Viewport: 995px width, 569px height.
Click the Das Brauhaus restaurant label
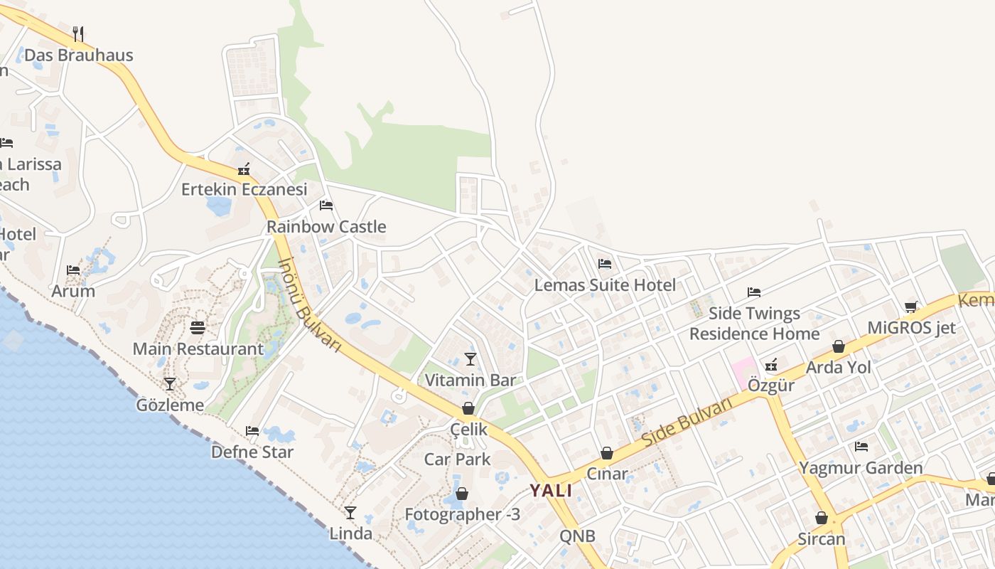coord(78,55)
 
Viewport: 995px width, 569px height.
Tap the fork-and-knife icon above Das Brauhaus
coord(78,33)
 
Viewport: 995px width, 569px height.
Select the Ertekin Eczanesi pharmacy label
coord(244,189)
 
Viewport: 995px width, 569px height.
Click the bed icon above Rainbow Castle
coord(326,206)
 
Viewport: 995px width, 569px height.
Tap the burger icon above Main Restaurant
coord(198,328)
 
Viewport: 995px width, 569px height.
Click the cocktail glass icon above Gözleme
coord(170,384)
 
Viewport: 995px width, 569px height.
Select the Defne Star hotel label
coord(252,452)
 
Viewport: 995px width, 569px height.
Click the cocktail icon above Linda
coord(350,512)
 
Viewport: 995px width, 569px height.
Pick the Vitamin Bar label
coord(470,380)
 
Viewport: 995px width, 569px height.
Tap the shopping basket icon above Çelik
coord(468,408)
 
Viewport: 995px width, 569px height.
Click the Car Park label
coord(457,459)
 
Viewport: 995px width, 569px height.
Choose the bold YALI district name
coord(551,490)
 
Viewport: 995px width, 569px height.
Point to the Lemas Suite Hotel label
coord(605,285)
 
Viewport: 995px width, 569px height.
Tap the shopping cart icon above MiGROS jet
coord(911,307)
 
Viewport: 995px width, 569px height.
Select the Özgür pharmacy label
coord(771,385)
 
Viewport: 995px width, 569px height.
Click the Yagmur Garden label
coord(861,468)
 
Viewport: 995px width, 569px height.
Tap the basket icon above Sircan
coord(822,518)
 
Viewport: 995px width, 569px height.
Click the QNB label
coord(577,536)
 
